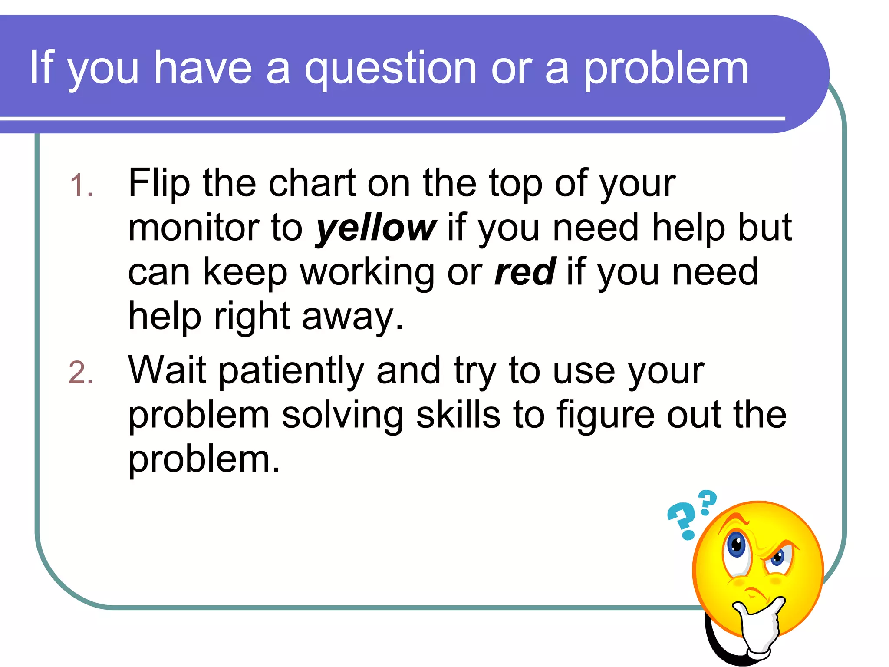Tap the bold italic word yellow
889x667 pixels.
[375, 229]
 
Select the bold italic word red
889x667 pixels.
[525, 272]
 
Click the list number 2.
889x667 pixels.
[81, 373]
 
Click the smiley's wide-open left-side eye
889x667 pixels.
[736, 545]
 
